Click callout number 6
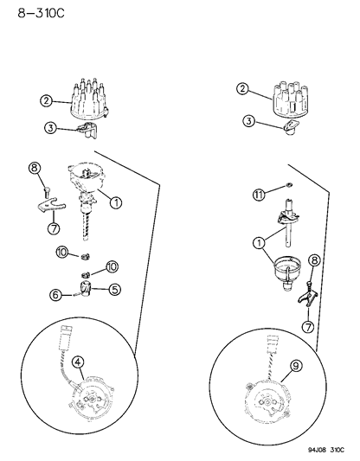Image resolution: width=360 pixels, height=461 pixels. [55, 296]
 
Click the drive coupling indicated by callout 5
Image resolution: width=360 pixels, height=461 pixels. [88, 288]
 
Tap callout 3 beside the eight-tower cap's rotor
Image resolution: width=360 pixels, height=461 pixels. [51, 128]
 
